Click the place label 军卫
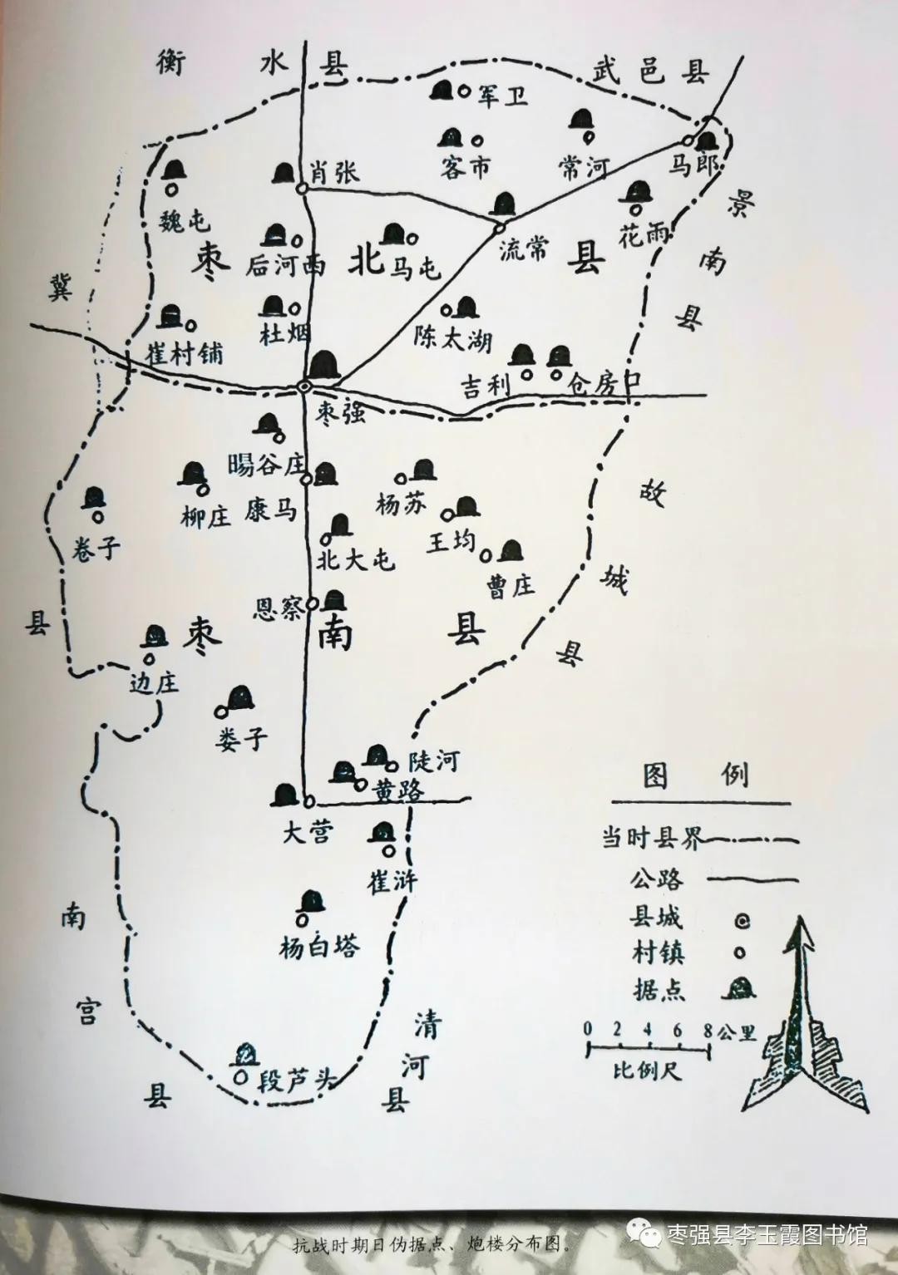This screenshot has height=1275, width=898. [502, 96]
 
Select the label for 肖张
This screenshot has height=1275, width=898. [335, 172]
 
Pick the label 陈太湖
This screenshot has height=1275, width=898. [453, 339]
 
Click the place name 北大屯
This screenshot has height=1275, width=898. [355, 559]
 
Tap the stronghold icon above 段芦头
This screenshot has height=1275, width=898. [244, 1055]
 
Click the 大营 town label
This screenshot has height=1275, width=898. [308, 832]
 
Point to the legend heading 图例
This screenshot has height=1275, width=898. [696, 776]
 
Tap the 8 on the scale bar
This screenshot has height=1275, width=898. [708, 1030]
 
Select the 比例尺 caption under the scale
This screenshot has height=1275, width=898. [647, 1070]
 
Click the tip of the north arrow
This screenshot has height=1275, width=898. [803, 919]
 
